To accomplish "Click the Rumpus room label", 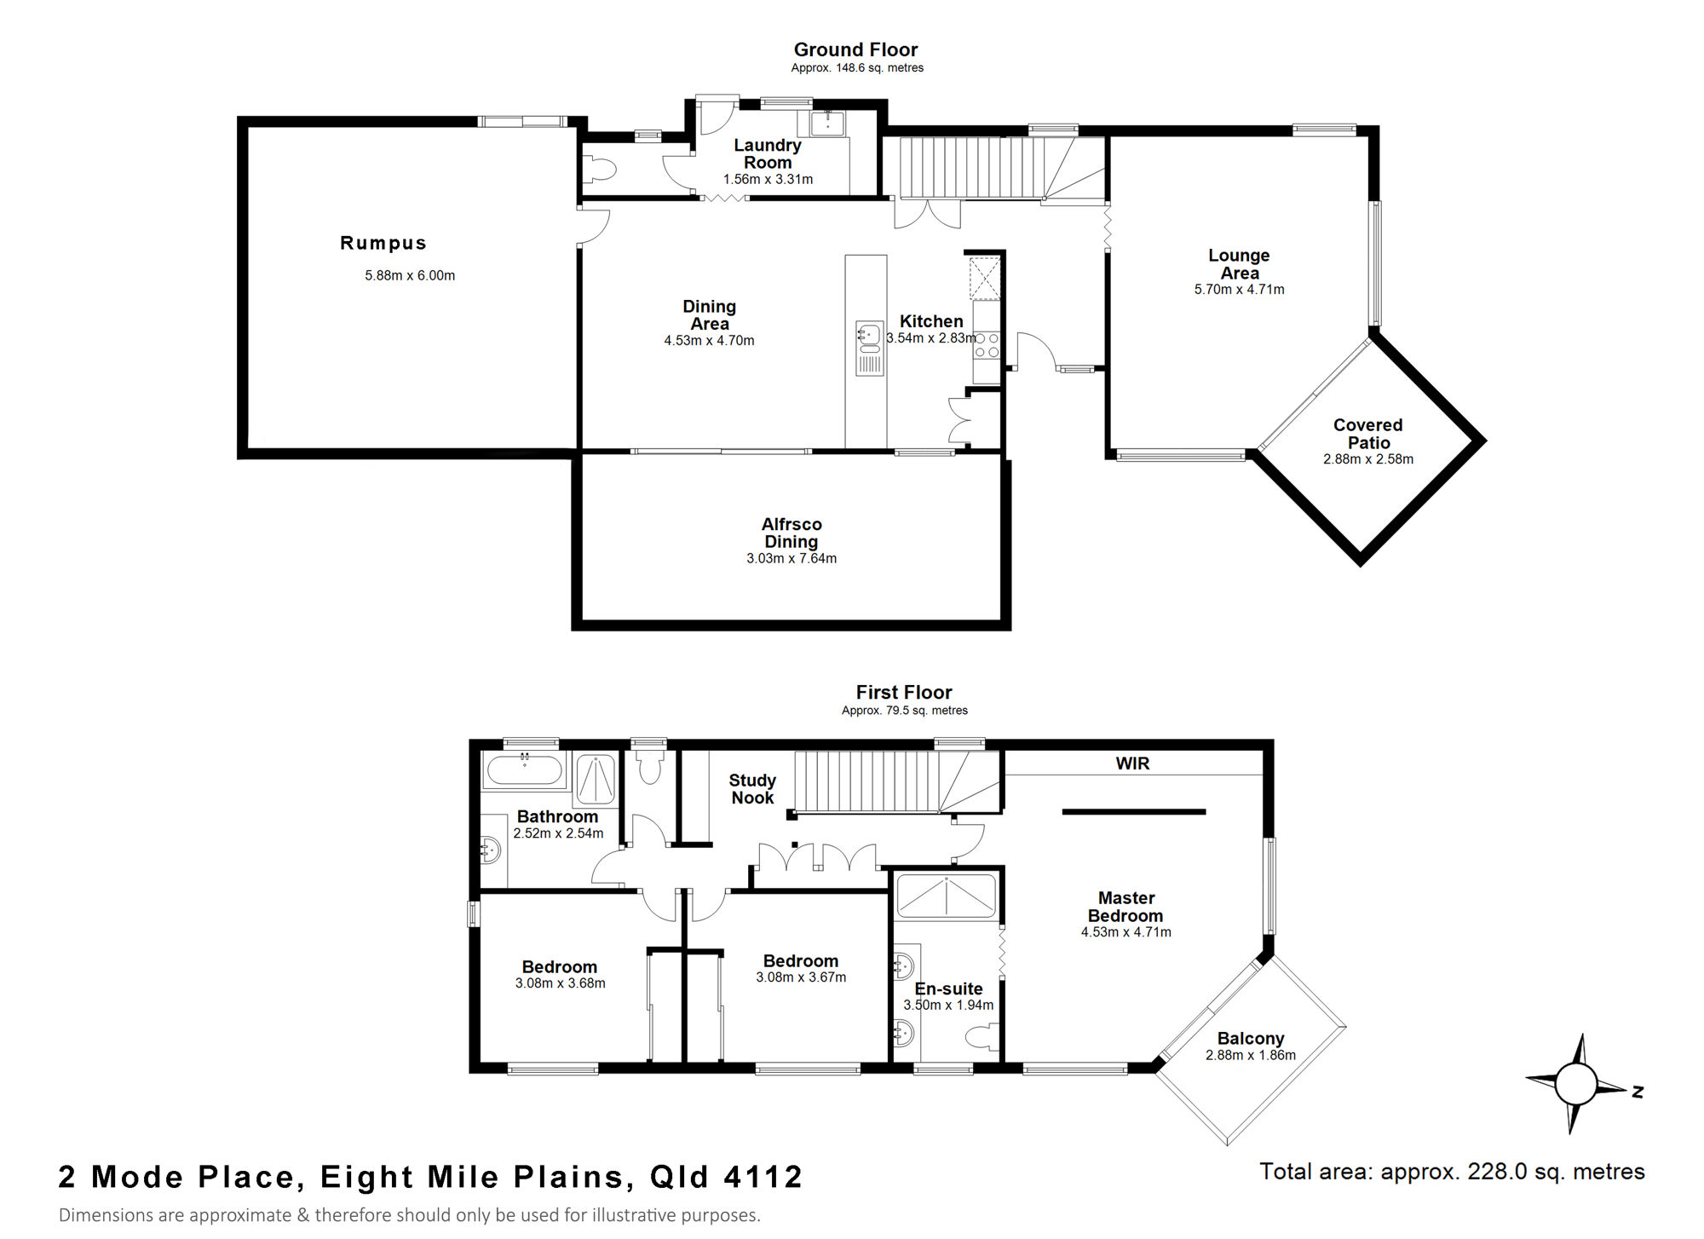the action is point(383,243).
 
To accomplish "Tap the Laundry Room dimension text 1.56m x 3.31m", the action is point(768,179).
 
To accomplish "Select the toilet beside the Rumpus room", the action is point(602,169).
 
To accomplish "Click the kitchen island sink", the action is point(869,337).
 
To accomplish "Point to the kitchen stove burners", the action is point(987,345).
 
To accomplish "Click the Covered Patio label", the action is point(1368,434).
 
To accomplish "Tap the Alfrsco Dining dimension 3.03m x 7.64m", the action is point(792,558).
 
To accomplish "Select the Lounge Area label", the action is point(1240,264).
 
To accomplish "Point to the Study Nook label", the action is point(752,789).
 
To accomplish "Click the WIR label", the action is point(1132,764).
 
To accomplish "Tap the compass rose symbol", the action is point(1576,1084).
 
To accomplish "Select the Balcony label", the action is point(1250,1038).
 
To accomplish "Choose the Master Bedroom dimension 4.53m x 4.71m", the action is point(1126,932).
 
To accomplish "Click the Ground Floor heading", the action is point(856,49).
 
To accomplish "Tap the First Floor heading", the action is point(904,692).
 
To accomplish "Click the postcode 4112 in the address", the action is point(763,1177).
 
